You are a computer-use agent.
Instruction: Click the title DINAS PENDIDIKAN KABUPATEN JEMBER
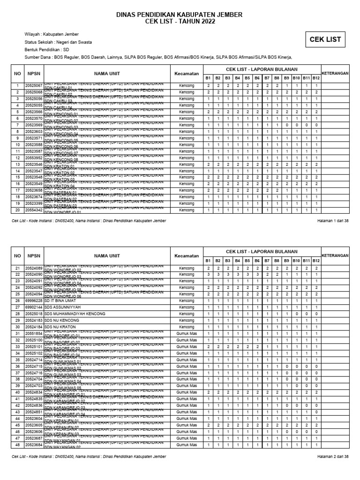pyautogui.click(x=180, y=15)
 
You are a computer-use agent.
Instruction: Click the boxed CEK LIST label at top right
pyautogui.click(x=325, y=40)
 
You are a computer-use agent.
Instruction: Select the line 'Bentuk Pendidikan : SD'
pyautogui.click(x=46, y=50)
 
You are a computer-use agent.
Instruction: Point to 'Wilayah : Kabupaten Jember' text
pyautogui.click(x=52, y=34)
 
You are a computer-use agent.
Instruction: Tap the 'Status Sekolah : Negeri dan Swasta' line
pyautogui.click(x=58, y=42)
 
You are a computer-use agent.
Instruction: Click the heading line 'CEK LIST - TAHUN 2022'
pyautogui.click(x=180, y=22)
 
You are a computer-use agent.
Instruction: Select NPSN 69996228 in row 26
pyautogui.click(x=34, y=300)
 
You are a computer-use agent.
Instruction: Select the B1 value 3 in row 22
pyautogui.click(x=208, y=274)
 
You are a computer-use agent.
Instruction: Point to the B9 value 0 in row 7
pyautogui.click(x=286, y=125)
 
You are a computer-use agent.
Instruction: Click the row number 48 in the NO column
pyautogui.click(x=17, y=444)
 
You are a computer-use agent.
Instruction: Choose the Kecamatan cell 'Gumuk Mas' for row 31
pyautogui.click(x=186, y=333)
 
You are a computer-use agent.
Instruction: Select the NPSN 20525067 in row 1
pyautogui.click(x=34, y=86)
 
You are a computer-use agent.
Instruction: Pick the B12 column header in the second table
pyautogui.click(x=316, y=261)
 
